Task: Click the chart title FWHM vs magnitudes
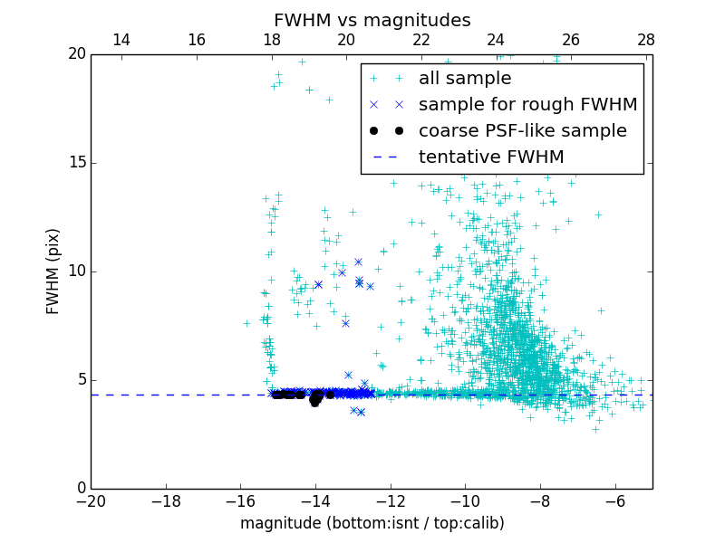[x=372, y=20]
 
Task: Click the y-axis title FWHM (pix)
[x=53, y=271]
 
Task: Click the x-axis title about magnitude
[x=372, y=523]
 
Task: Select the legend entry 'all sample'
[x=465, y=79]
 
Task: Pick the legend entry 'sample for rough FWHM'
[x=527, y=105]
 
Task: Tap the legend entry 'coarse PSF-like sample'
[x=522, y=131]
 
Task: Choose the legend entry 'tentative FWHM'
[x=491, y=157]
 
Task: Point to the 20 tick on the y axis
[x=75, y=54]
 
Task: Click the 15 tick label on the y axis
[x=75, y=163]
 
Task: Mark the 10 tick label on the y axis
[x=75, y=271]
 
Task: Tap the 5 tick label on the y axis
[x=80, y=380]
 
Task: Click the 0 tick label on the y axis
[x=80, y=489]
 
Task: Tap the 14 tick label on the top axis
[x=121, y=41]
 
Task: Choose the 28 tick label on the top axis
[x=645, y=41]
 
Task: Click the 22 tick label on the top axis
[x=421, y=41]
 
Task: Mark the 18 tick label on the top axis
[x=271, y=41]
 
